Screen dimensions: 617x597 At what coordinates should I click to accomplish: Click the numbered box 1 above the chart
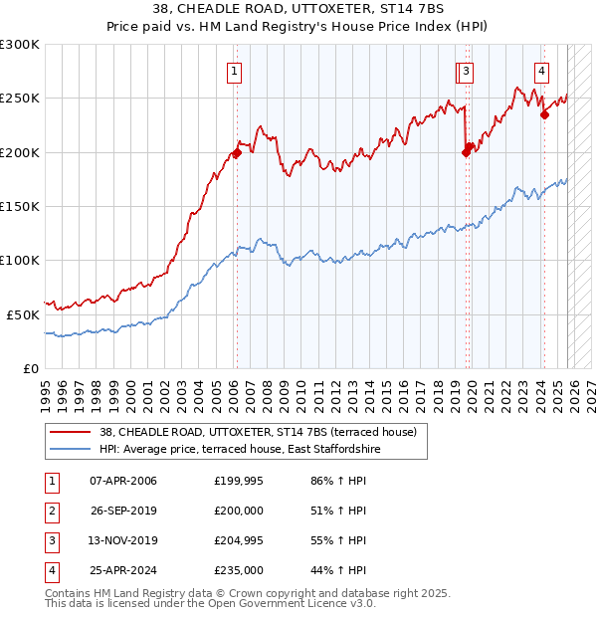[233, 71]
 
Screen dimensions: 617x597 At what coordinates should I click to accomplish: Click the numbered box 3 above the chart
[466, 71]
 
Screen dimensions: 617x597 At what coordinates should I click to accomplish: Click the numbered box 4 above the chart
[541, 71]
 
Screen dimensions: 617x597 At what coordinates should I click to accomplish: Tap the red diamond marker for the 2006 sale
[237, 152]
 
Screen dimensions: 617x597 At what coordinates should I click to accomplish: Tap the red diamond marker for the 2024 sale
[545, 114]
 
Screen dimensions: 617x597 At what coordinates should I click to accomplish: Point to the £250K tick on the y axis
[20, 99]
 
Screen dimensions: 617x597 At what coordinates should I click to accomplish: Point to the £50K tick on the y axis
[23, 313]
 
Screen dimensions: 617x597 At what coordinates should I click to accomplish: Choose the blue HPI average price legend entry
[240, 449]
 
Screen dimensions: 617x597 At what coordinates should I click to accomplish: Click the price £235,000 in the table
[239, 570]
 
